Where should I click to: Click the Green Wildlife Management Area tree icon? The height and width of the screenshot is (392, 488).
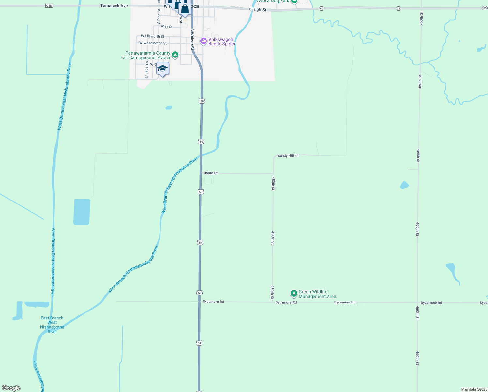[294, 294]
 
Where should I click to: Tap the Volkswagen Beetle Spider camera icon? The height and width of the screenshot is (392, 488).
[204, 41]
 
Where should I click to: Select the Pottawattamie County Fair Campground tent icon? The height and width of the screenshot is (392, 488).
[175, 55]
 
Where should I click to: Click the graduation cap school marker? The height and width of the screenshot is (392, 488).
[162, 69]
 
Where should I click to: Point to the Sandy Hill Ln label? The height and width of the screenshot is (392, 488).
[288, 156]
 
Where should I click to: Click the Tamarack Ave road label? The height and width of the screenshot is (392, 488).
[114, 6]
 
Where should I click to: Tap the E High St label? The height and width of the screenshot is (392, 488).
[258, 10]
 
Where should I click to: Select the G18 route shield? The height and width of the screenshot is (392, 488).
[49, 6]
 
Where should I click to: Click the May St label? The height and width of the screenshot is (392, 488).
[167, 26]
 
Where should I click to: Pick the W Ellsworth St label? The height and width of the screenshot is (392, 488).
[153, 36]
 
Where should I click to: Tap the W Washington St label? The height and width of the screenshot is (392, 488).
[153, 43]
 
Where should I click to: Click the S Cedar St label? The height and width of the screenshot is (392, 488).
[147, 69]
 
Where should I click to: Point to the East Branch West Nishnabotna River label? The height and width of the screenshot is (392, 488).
[52, 325]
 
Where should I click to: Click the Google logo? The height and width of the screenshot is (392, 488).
[11, 388]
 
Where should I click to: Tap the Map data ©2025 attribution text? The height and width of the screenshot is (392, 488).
[474, 389]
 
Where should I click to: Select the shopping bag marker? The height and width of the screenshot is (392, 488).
[185, 9]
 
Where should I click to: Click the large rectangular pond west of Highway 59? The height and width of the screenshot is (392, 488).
[82, 212]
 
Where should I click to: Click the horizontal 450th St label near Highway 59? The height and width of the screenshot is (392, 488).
[211, 173]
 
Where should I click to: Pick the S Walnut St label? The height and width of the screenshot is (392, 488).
[192, 39]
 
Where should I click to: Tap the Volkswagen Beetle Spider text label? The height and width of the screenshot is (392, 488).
[221, 42]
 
